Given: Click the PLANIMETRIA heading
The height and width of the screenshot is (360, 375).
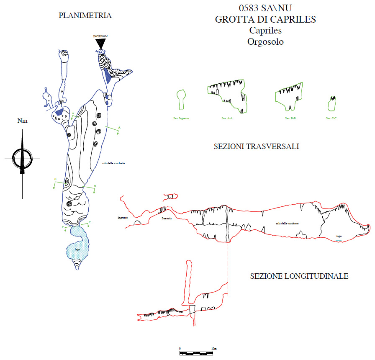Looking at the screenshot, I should (85, 15).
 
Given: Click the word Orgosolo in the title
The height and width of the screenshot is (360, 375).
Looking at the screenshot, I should (265, 42).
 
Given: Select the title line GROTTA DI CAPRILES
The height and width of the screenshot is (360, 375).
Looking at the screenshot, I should (265, 19).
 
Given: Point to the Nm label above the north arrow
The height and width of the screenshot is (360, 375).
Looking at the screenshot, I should (22, 121).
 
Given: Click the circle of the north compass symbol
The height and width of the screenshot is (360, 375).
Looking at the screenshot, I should (22, 159).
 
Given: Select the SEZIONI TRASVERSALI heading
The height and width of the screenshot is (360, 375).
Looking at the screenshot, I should (256, 147).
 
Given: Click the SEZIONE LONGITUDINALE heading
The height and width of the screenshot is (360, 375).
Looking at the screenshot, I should (299, 276).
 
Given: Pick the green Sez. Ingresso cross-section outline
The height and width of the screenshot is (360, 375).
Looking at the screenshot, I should (181, 100).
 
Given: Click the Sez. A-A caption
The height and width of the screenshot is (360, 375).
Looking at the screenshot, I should (227, 118).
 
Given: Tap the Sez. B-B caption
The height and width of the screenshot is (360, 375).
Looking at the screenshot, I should (290, 118).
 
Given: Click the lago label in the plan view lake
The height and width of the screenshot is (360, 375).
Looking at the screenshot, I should (77, 249).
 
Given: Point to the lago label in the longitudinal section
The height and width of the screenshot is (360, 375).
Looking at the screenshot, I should (339, 236).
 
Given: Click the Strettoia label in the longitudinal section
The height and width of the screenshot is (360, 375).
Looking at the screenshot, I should (166, 218).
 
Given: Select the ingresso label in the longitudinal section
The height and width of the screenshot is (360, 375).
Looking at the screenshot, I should (123, 218).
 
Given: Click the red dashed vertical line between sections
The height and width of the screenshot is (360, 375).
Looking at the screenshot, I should (228, 268).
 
